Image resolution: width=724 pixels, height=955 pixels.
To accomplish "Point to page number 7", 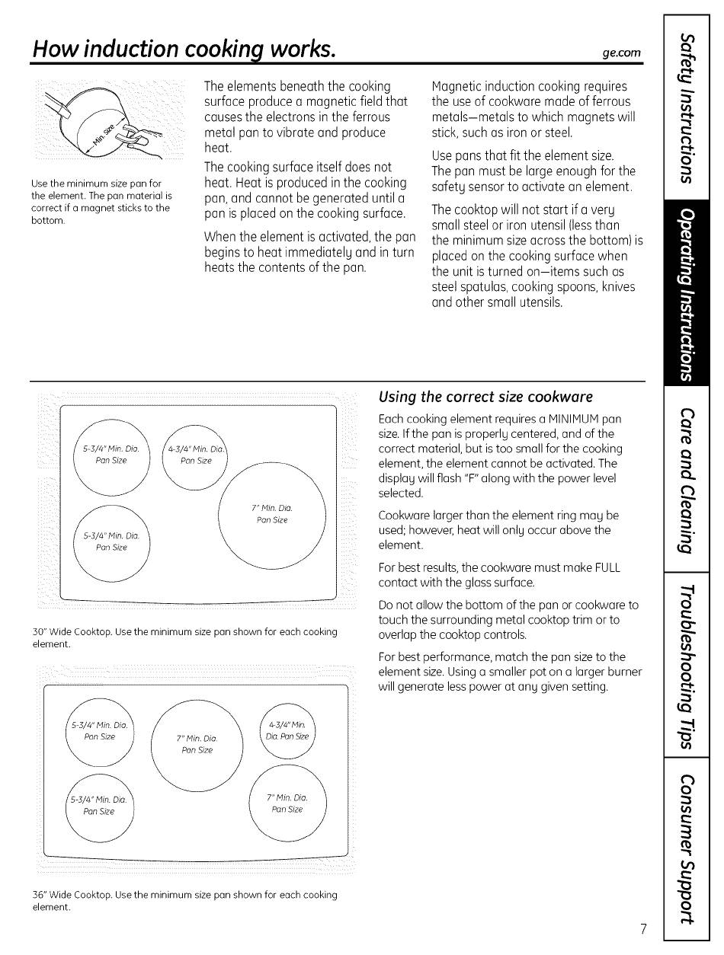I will [643, 928].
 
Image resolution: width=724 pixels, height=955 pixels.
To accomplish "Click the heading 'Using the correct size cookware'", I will [485, 397].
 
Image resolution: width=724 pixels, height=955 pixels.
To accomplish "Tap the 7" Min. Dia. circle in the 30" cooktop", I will [272, 516].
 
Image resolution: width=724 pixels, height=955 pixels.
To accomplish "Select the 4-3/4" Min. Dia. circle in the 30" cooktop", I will [195, 455].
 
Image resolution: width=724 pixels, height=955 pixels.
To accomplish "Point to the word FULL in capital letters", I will [606, 568].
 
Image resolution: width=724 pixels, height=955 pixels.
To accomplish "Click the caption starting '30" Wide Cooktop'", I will [185, 638].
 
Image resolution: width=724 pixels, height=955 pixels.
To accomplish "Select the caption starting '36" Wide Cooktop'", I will [185, 900].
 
